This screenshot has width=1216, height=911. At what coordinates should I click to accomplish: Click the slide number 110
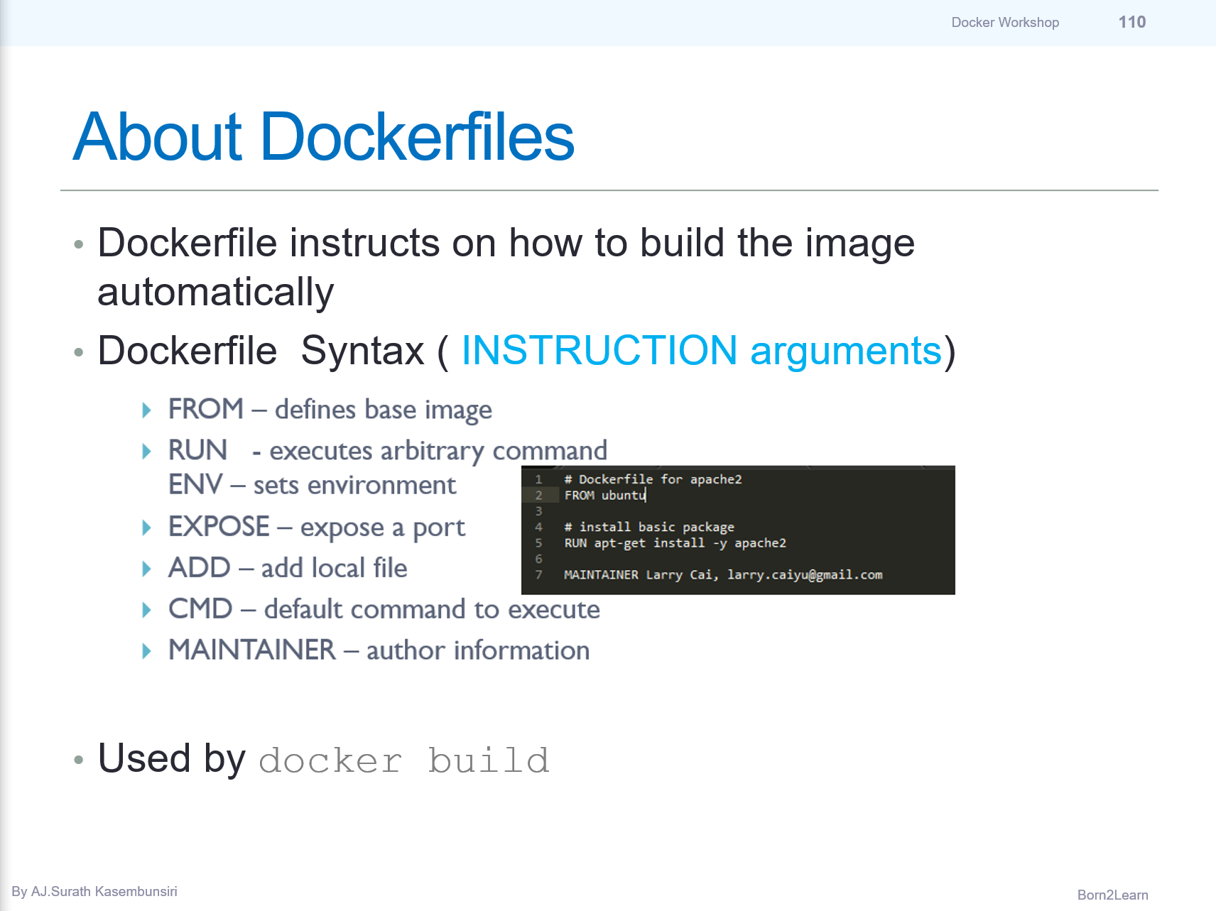[1131, 22]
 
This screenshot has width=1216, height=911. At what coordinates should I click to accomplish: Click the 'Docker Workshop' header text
[1005, 22]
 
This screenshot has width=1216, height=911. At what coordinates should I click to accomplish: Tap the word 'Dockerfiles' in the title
[417, 137]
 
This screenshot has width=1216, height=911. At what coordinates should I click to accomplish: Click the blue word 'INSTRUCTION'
[599, 351]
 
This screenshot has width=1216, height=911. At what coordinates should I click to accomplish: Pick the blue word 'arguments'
[845, 351]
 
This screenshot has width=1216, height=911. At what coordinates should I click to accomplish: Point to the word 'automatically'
[215, 292]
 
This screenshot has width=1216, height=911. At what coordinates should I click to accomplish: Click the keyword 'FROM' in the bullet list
[205, 409]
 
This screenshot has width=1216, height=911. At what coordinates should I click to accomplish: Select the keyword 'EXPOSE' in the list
[219, 527]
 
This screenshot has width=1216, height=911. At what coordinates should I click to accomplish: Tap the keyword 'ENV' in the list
[195, 485]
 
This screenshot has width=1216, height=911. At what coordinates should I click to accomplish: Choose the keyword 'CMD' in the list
[200, 609]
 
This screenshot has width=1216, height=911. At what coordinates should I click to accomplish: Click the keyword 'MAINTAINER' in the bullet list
[251, 650]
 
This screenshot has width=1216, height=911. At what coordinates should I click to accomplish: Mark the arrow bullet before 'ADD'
[147, 569]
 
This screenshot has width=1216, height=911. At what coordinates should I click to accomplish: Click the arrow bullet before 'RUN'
[147, 452]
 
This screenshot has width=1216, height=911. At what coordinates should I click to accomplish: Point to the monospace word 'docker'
[330, 761]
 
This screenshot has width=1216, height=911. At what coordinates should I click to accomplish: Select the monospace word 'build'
[489, 761]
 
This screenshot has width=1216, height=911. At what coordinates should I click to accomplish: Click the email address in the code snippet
[805, 574]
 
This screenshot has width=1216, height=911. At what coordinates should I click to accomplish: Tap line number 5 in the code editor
[538, 543]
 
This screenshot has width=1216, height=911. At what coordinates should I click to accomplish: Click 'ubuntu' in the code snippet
[623, 495]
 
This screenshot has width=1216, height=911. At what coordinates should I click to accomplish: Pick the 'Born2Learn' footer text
[1112, 895]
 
